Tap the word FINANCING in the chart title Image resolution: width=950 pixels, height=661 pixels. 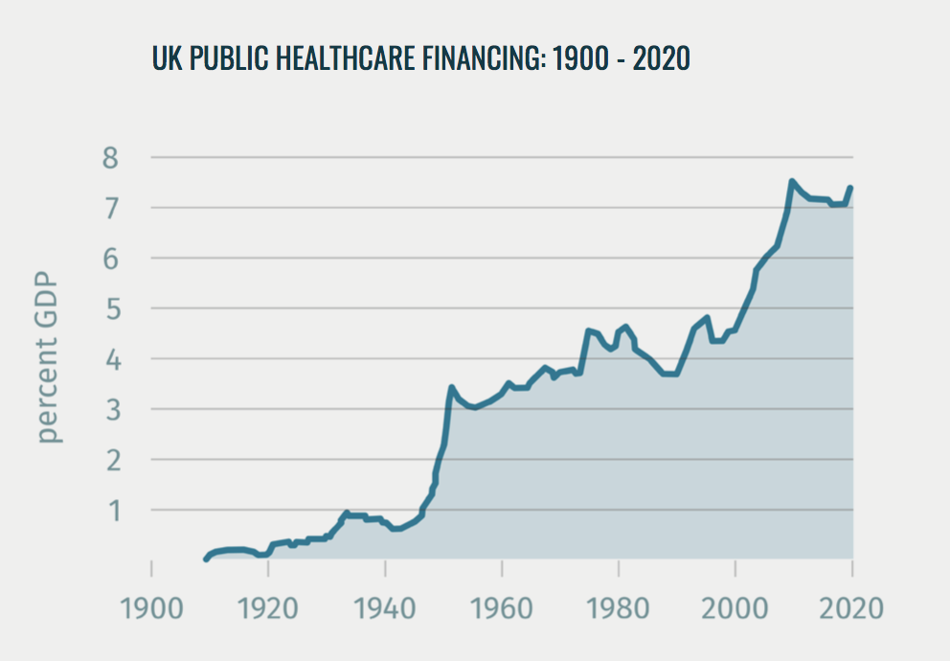(x=476, y=58)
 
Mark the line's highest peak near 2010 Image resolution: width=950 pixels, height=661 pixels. (x=792, y=181)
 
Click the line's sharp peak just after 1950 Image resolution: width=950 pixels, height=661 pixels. (x=451, y=387)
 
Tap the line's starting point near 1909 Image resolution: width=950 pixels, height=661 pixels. (x=206, y=558)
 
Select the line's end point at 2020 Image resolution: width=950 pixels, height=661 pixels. (x=850, y=188)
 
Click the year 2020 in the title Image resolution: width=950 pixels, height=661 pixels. (x=661, y=58)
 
